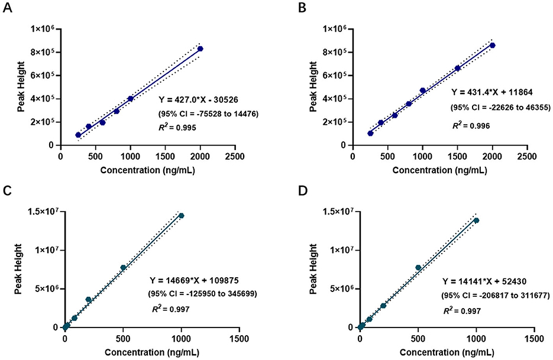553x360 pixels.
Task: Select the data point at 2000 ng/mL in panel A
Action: (200, 48)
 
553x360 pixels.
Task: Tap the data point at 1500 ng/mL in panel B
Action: (458, 68)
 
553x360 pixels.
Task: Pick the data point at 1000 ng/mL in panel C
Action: (182, 216)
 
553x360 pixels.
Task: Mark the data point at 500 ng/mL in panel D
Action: (418, 268)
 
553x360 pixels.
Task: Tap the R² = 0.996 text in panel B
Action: (471, 126)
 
